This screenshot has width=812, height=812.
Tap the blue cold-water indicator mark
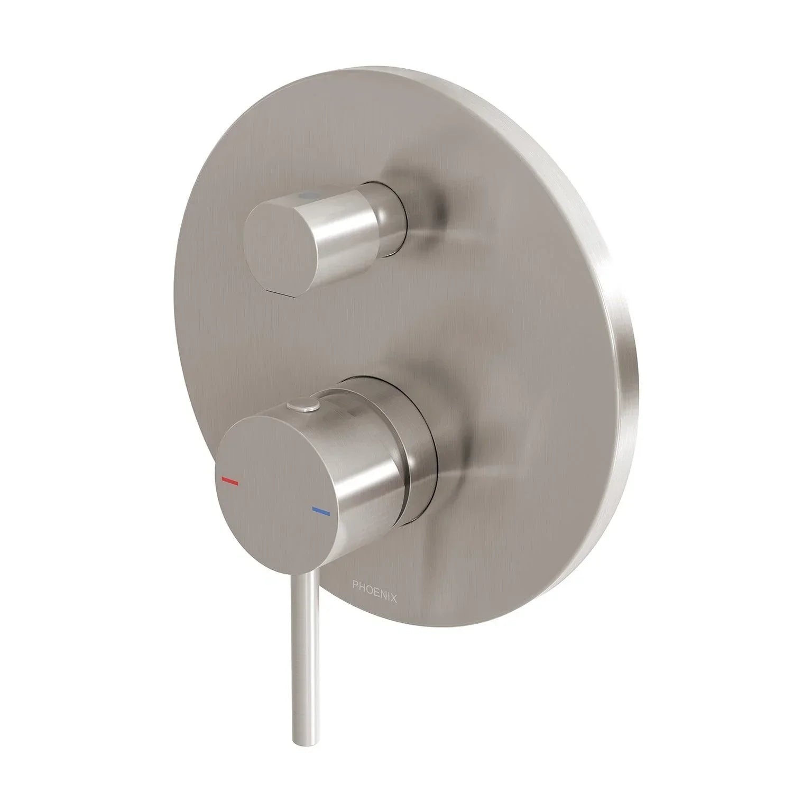[x=320, y=512]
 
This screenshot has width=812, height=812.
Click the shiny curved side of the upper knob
[x=344, y=238]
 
